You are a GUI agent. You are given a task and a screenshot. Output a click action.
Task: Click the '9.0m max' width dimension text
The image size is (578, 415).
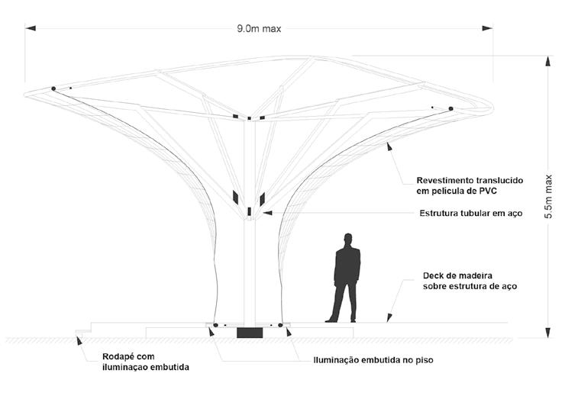pyautogui.click(x=260, y=29)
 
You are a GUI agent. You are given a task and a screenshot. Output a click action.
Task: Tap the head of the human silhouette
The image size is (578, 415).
pyautogui.click(x=347, y=240)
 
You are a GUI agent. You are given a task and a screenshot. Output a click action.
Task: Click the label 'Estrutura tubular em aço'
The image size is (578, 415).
pyautogui.click(x=470, y=214)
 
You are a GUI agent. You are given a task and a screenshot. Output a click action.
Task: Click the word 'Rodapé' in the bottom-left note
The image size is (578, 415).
pyautogui.click(x=119, y=356)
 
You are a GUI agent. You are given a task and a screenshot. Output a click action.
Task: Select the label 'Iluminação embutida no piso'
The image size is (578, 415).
pyautogui.click(x=373, y=360)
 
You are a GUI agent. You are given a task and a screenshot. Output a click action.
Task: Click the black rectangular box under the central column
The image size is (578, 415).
pyautogui.click(x=249, y=333)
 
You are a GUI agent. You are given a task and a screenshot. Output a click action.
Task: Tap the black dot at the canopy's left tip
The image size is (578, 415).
pyautogui.click(x=53, y=88)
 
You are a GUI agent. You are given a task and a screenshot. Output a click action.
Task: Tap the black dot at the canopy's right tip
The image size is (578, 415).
pyautogui.click(x=450, y=109)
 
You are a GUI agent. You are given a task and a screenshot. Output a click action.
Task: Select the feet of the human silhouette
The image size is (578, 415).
pyautogui.click(x=341, y=320)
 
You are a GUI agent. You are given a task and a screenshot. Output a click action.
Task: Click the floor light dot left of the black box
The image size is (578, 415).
pyautogui.click(x=215, y=326)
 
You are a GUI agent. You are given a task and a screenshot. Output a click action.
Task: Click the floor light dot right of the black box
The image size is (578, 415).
pyautogui.click(x=280, y=326)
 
